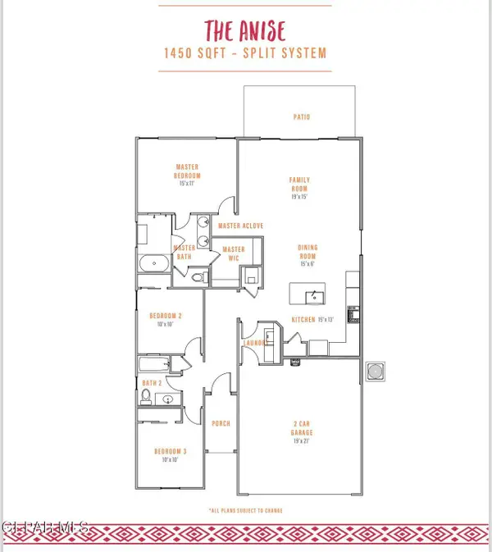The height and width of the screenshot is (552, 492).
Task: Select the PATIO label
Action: (302, 117)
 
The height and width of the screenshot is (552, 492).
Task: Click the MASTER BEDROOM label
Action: (187, 172)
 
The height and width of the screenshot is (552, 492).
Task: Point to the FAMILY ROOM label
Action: (299, 185)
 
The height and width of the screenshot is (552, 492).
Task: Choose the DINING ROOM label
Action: (307, 252)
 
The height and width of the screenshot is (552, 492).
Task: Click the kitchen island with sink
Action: (307, 294)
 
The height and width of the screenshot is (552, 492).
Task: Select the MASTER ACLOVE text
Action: (240, 225)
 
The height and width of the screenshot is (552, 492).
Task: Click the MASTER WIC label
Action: (234, 254)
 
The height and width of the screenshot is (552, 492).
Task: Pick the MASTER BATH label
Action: (185, 253)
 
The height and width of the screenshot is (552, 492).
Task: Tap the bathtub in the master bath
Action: (153, 264)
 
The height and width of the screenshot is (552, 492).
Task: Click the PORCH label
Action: (221, 424)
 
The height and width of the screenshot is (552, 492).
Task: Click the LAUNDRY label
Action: (256, 344)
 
